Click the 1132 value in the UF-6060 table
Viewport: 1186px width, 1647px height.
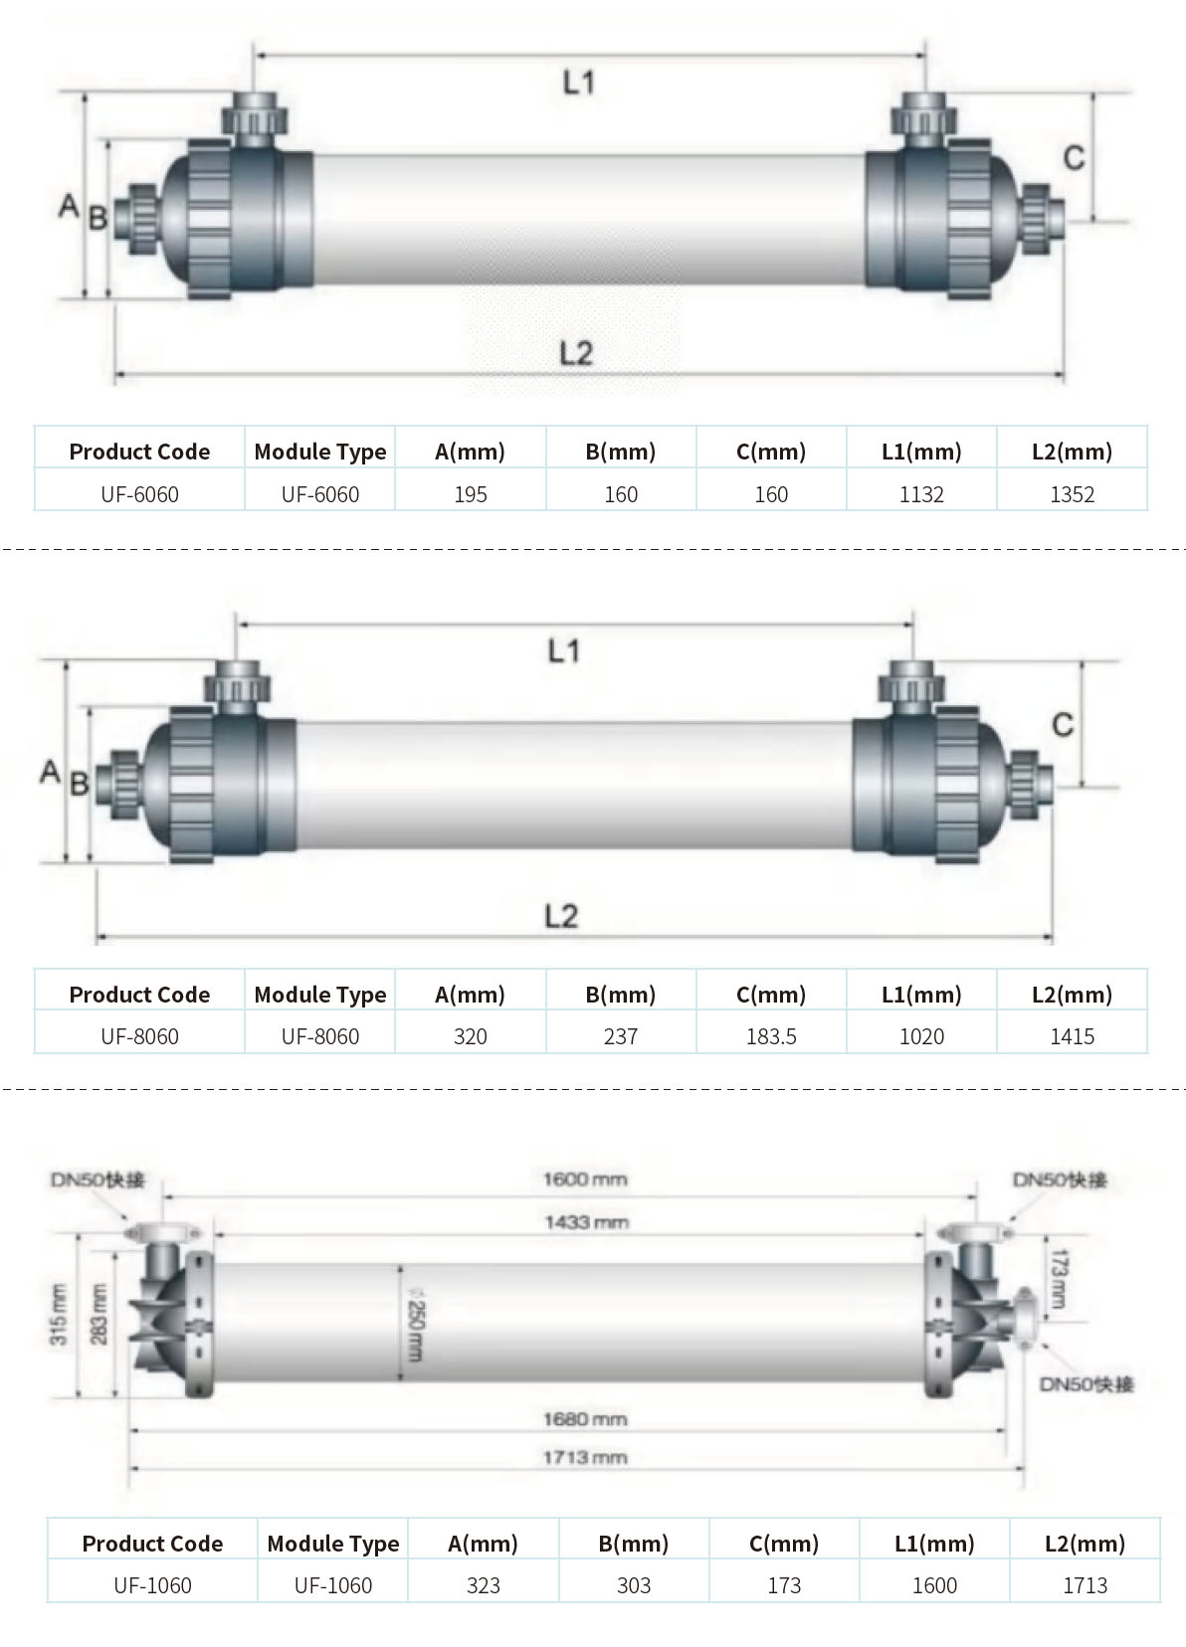[921, 494]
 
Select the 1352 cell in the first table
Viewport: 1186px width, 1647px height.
[1072, 494]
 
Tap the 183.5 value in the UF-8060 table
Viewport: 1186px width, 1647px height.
[771, 1036]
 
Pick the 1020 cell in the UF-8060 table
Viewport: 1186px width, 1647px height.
[921, 1036]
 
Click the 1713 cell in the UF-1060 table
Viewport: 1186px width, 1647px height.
[1085, 1585]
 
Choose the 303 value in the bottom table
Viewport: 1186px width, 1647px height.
[634, 1585]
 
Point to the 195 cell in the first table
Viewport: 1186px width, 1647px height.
[471, 494]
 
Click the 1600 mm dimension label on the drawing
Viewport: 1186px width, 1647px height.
[585, 1180]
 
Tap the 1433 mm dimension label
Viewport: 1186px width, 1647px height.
[587, 1222]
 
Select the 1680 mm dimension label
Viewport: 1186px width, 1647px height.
[585, 1419]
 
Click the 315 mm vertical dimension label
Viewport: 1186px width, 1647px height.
[59, 1315]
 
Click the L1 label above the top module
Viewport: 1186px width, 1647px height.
[578, 83]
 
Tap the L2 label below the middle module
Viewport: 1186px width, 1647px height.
[561, 916]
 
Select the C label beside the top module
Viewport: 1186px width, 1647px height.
[1074, 158]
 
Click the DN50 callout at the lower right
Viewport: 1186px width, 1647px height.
[1087, 1384]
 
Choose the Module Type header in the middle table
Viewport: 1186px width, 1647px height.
[320, 995]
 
